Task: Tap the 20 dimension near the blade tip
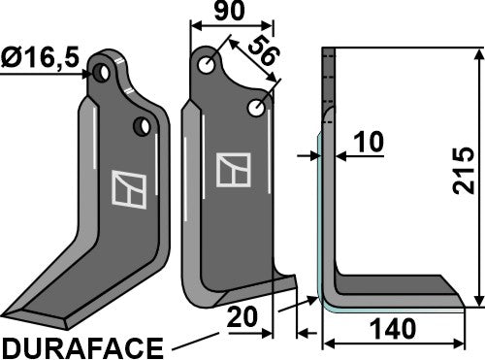click(x=244, y=317)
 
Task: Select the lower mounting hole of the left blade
click(x=143, y=125)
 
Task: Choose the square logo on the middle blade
click(x=233, y=170)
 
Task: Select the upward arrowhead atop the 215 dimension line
click(x=477, y=52)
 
